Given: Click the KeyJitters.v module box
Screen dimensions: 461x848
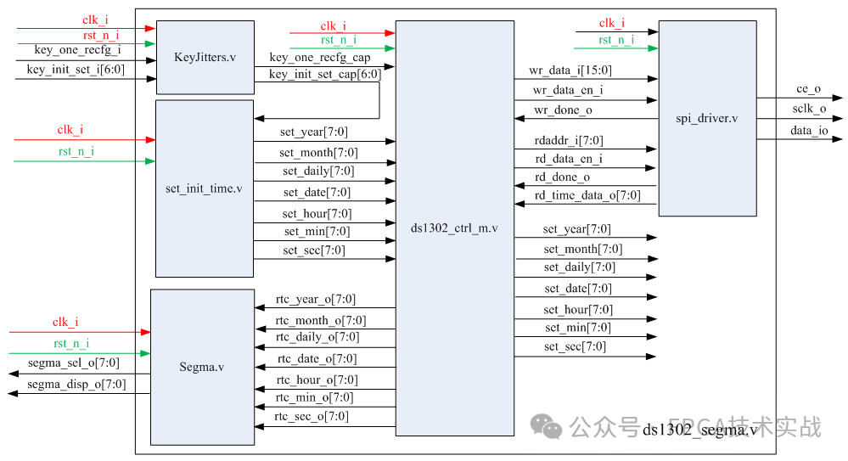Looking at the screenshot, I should [205, 57].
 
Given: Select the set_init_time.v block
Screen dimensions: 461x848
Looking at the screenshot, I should [204, 188].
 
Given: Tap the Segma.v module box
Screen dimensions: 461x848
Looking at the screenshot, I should [202, 367].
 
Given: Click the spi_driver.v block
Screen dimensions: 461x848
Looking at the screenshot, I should [707, 118].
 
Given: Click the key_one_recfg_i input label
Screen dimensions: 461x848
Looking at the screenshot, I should [77, 50].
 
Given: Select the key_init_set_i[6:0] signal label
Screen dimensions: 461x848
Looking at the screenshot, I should [76, 70].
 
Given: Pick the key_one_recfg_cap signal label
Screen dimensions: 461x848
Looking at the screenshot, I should [319, 57].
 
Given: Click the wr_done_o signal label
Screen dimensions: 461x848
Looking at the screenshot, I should [563, 110].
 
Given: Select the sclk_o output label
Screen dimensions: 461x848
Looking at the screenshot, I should [809, 109].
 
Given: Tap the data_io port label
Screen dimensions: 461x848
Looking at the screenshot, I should [809, 130].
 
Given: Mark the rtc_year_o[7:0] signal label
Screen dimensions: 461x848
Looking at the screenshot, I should [316, 299].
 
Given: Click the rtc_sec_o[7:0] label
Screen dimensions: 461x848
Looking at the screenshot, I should [312, 416].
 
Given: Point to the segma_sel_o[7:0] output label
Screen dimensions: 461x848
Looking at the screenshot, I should [74, 363].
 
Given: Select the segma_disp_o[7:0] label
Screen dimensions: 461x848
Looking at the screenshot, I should [76, 384].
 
